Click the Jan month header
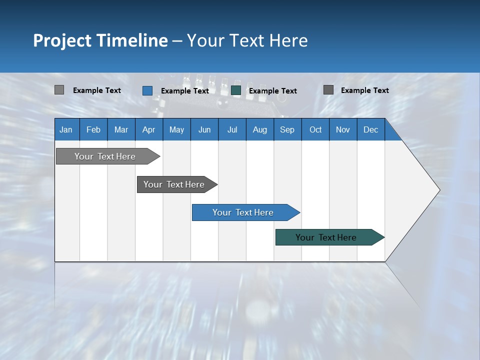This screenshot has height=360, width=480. tap(66, 129)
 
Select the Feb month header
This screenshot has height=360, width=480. tap(93, 129)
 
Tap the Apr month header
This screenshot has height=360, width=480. tap(148, 129)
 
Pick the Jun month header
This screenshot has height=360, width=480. tap(204, 129)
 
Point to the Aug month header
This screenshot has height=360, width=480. tap(259, 129)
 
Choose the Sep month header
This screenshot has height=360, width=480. tap(287, 129)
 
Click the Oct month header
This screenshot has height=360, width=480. tap(315, 129)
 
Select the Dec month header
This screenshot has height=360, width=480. tap(370, 129)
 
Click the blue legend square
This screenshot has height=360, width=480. tap(147, 90)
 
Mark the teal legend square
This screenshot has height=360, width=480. tap(236, 90)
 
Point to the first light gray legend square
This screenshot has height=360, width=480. tap(59, 90)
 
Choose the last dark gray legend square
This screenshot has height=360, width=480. tap(328, 90)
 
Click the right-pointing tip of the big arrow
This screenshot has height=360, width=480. tap(437, 190)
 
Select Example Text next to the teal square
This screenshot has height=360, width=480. tap(272, 91)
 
